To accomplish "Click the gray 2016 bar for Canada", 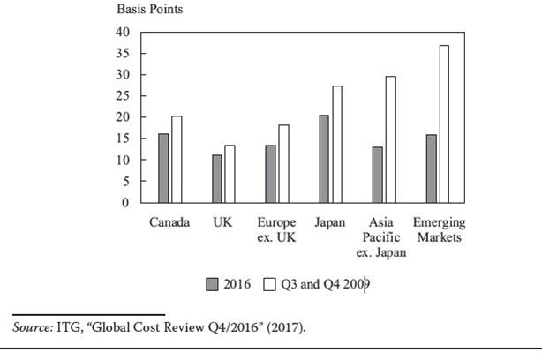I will (163, 169).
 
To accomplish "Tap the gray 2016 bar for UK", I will (217, 179).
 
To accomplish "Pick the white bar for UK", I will (230, 174).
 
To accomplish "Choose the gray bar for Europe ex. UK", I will (270, 174).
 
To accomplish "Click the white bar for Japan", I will (337, 145).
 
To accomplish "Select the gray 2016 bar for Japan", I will (324, 159).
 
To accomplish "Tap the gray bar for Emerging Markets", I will (432, 169).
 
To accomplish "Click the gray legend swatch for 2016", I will (212, 284).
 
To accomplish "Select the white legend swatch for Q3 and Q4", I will (270, 284).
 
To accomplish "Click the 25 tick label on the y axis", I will (122, 96).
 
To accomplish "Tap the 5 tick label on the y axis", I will (125, 182).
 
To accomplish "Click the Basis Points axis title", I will (150, 10).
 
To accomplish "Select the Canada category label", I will (169, 222).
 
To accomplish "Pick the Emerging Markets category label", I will (439, 230).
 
